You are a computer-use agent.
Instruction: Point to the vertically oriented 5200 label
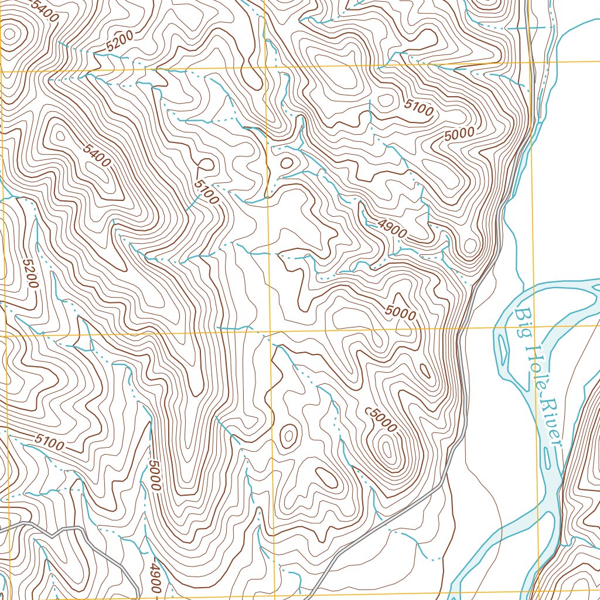click(x=30, y=273)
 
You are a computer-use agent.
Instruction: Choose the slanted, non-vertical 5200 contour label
click(x=120, y=40)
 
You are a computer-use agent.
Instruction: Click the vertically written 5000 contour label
click(x=154, y=475)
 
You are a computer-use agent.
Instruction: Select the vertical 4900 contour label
click(x=155, y=579)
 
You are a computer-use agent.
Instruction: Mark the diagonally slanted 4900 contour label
click(x=392, y=229)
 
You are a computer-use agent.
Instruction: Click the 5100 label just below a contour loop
click(x=207, y=191)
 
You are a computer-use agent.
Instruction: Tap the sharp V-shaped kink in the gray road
click(x=53, y=535)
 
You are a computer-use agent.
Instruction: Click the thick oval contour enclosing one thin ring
click(x=288, y=435)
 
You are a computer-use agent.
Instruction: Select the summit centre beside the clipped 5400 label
click(x=10, y=34)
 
